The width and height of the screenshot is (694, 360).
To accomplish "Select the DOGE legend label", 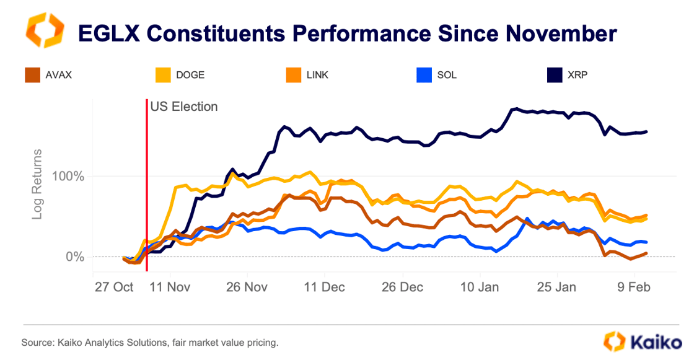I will pyautogui.click(x=190, y=76).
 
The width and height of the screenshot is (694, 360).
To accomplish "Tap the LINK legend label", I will pyautogui.click(x=317, y=76).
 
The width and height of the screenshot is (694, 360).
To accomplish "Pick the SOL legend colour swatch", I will pyautogui.click(x=424, y=76).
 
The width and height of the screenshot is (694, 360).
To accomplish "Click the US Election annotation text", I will pyautogui.click(x=184, y=107).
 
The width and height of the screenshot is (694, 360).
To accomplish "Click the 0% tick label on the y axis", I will pyautogui.click(x=75, y=257).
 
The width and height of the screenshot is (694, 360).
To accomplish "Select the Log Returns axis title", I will pyautogui.click(x=38, y=184).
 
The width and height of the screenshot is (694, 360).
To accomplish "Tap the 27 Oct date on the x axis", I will pyautogui.click(x=114, y=288).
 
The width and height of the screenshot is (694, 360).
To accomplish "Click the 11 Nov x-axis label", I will pyautogui.click(x=170, y=288).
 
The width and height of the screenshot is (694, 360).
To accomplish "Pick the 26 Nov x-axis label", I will pyautogui.click(x=247, y=288).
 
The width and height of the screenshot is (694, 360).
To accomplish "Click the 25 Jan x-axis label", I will pyautogui.click(x=556, y=288).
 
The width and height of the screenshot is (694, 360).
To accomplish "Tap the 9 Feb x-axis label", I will pyautogui.click(x=632, y=288).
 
